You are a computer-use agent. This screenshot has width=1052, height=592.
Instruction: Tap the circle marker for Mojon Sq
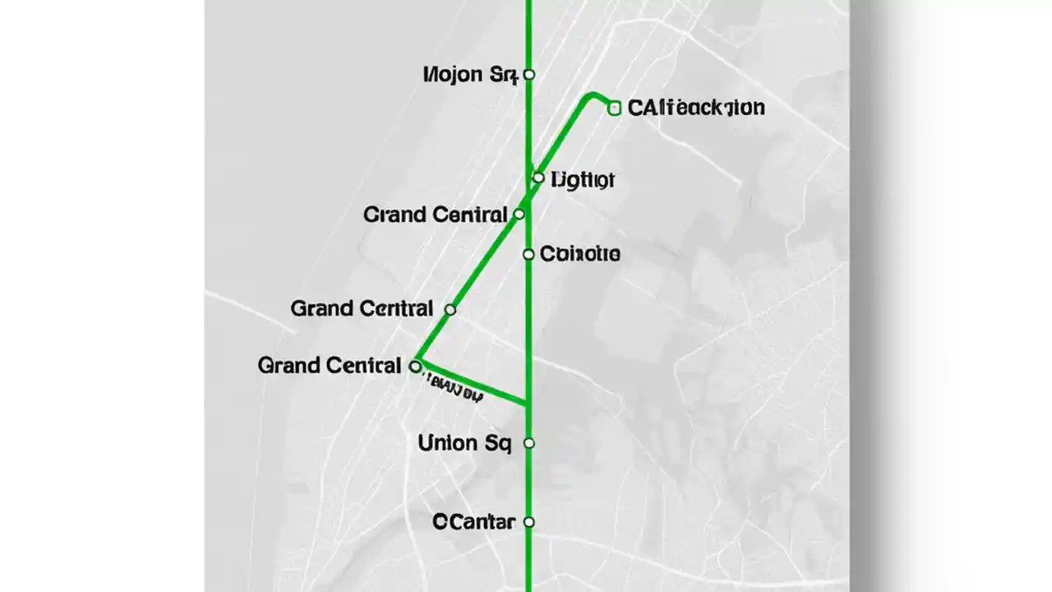[x=529, y=75]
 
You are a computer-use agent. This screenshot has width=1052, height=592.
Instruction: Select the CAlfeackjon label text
[x=696, y=108]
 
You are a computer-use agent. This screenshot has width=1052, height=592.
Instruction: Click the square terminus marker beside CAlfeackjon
[x=615, y=108]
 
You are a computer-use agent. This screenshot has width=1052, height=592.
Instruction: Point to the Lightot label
[x=583, y=179]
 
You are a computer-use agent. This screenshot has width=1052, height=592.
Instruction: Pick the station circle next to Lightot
[x=538, y=178]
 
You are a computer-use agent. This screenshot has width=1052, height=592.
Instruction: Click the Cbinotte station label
[x=580, y=254]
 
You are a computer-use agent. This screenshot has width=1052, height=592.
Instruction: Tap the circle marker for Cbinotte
[x=529, y=255]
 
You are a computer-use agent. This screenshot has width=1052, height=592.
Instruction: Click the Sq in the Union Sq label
[x=498, y=444]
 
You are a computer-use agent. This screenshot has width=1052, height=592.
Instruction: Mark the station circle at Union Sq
[x=529, y=443]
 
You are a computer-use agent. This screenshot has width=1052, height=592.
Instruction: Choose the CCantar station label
[x=474, y=521]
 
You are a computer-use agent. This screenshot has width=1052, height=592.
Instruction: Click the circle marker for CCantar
[x=529, y=521]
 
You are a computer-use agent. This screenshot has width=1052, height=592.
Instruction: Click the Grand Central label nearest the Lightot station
[x=436, y=215]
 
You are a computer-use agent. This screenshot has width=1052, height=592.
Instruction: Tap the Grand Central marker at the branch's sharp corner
[x=416, y=366]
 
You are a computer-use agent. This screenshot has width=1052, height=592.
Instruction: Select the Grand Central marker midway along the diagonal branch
[x=450, y=309]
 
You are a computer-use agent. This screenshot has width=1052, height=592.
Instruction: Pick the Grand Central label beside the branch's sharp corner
[x=330, y=365]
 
